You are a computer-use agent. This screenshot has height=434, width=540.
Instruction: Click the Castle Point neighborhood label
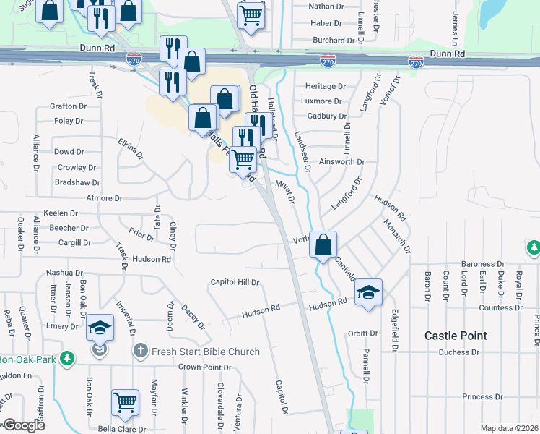click(x=456, y=336)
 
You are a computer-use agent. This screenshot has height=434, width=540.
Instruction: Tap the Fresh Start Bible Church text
click(x=205, y=352)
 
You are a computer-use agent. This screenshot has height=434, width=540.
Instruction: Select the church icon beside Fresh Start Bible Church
click(x=141, y=352)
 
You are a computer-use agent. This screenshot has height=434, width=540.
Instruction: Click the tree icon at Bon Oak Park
click(x=67, y=359)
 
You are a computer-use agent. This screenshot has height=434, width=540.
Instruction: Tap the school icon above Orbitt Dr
click(x=368, y=292)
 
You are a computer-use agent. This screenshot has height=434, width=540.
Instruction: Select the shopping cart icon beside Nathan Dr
click(x=251, y=14)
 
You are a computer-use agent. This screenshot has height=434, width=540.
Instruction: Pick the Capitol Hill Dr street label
click(x=235, y=282)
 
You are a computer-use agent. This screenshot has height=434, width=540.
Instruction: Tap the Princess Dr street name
click(x=482, y=397)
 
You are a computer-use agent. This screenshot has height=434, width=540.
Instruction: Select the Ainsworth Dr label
click(x=342, y=162)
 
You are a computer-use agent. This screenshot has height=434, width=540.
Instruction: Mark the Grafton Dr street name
click(x=69, y=106)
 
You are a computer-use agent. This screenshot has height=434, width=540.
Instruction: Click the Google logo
click(x=24, y=425)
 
